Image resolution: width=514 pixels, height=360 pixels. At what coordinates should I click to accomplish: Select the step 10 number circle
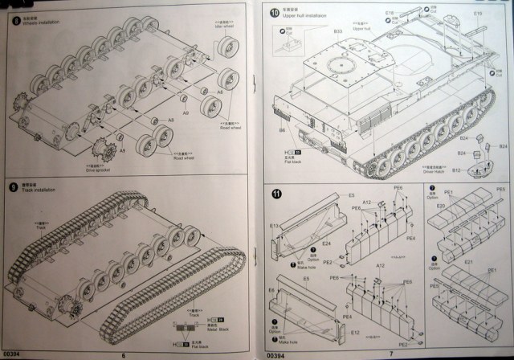[x=275, y=14]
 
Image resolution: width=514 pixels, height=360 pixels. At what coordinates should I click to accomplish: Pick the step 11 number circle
[x=276, y=193]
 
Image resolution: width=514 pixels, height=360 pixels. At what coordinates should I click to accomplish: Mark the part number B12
[x=456, y=170]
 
